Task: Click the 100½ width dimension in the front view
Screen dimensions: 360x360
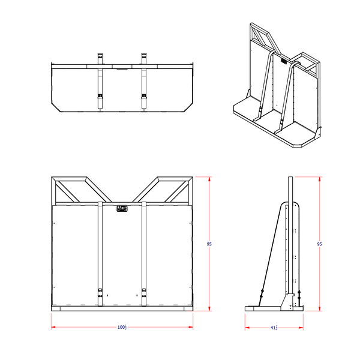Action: point(122,327)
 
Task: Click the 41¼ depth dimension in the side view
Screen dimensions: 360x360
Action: point(274,328)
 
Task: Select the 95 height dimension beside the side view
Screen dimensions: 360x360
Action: point(319,244)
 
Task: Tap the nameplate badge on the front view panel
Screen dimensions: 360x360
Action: point(122,208)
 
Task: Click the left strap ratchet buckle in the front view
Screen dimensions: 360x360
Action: point(100,293)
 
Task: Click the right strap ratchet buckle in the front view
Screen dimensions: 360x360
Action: point(144,293)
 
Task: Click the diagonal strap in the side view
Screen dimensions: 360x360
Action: point(271,252)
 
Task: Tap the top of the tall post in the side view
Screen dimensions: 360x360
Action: point(292,178)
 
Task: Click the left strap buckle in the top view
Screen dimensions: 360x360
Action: point(100,97)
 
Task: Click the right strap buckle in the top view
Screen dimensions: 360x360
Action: point(144,97)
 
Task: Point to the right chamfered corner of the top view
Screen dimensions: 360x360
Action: point(188,107)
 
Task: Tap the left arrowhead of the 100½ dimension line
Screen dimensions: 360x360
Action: point(53,327)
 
